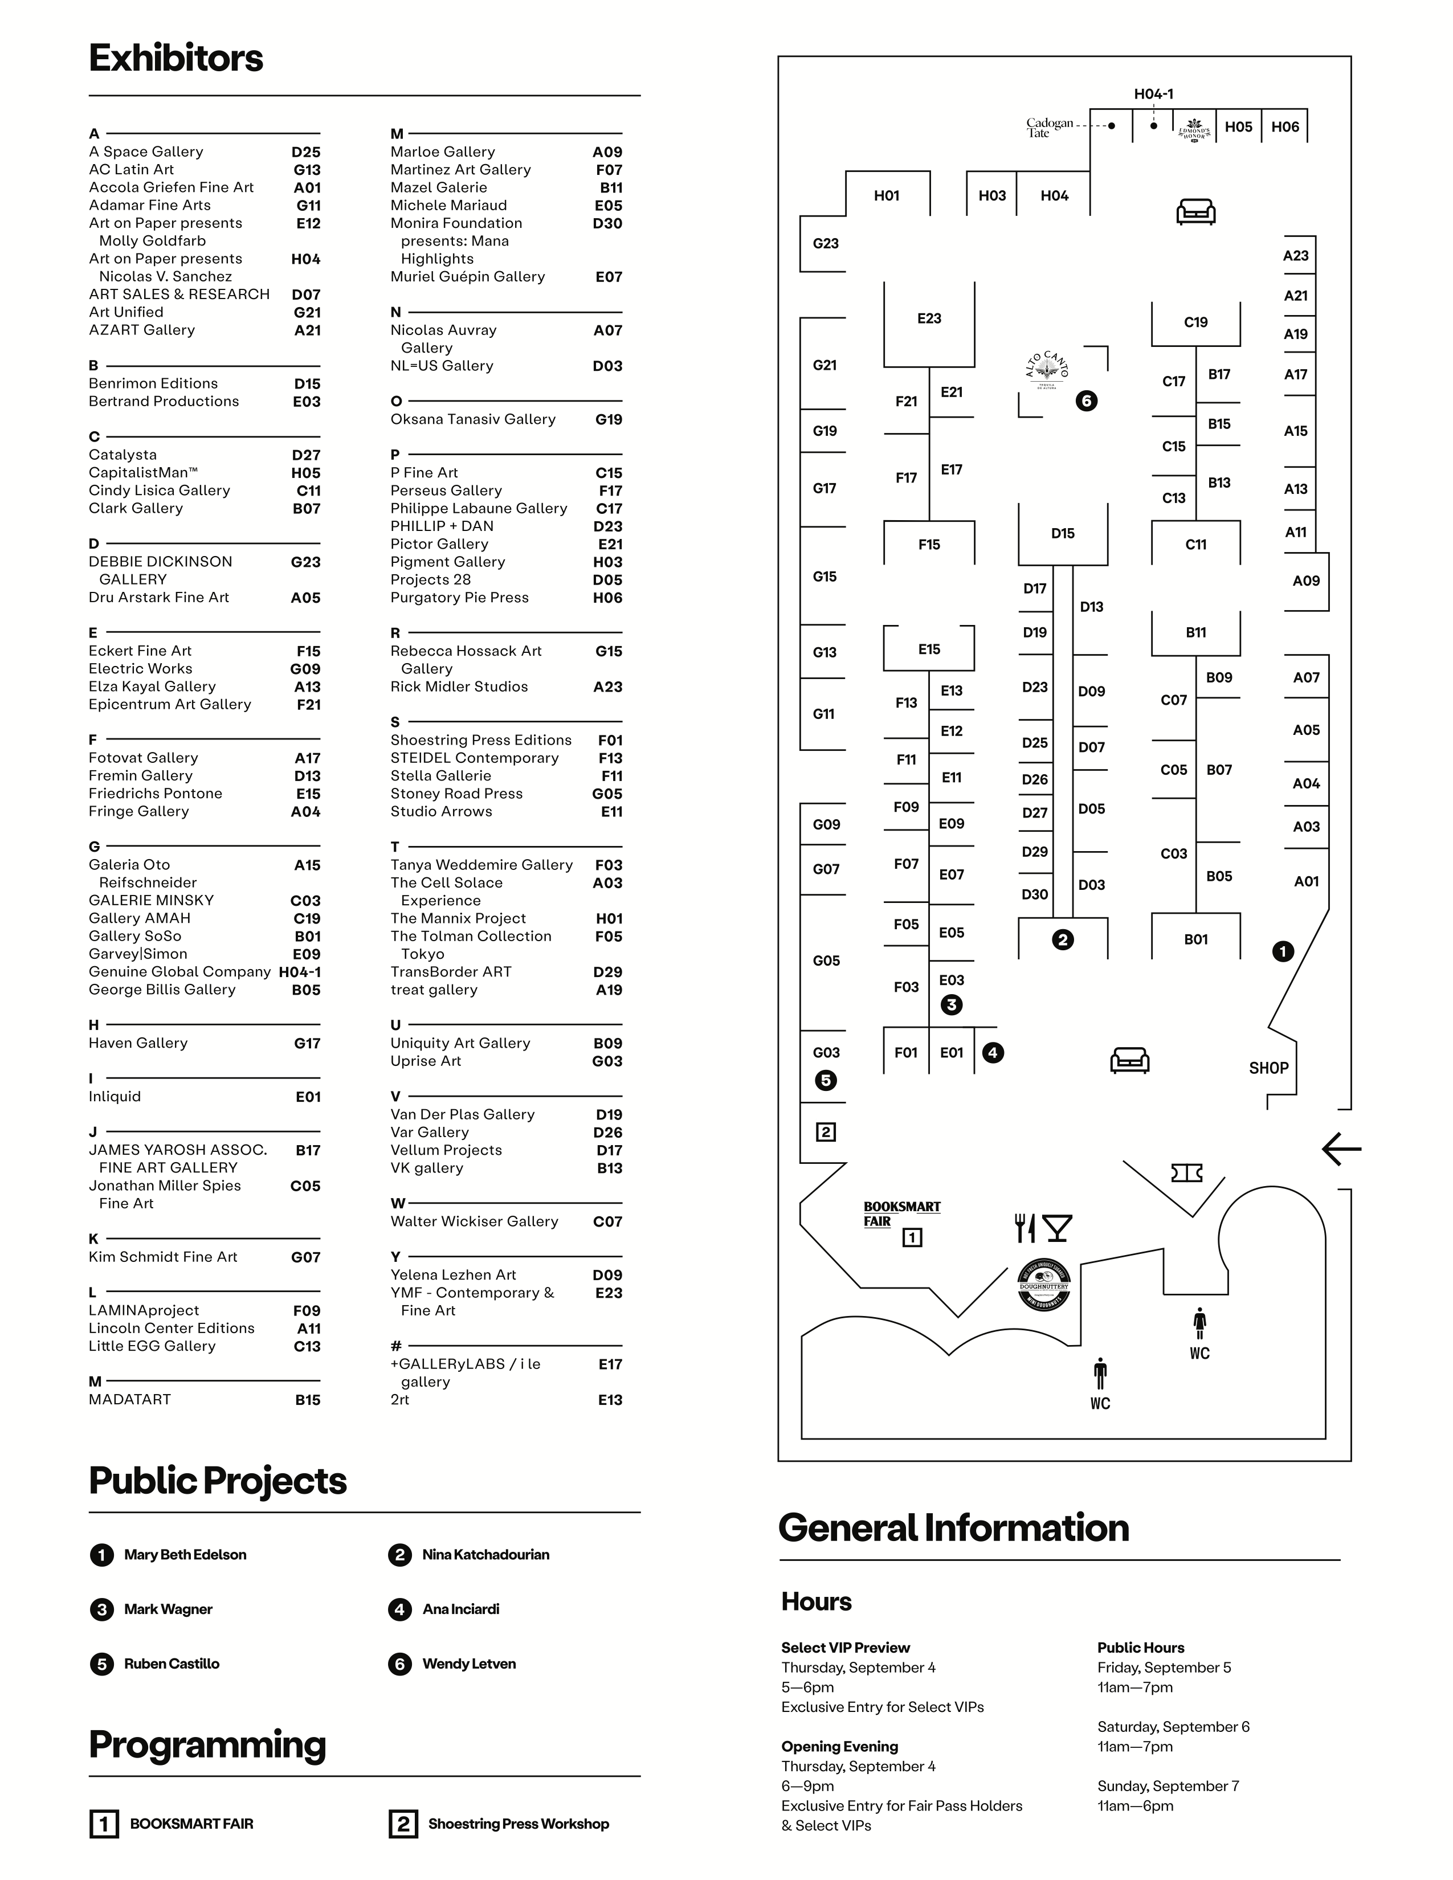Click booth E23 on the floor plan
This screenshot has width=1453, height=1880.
[929, 318]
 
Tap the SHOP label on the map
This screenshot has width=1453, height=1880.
[1268, 1068]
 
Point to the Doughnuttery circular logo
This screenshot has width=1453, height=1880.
[1043, 1285]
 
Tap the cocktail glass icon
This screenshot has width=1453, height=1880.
[1057, 1228]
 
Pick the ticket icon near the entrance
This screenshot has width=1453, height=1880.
[1186, 1172]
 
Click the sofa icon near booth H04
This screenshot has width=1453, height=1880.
[1195, 211]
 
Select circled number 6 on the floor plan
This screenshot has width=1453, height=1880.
[1086, 401]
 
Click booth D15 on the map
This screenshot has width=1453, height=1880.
[1062, 534]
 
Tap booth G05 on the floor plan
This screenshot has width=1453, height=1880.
[826, 961]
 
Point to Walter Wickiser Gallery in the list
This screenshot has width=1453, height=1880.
[474, 1221]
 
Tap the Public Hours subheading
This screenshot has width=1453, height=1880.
[1141, 1648]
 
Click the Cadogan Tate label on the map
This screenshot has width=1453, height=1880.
[1049, 128]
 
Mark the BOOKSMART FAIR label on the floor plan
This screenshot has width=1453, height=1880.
[901, 1213]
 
